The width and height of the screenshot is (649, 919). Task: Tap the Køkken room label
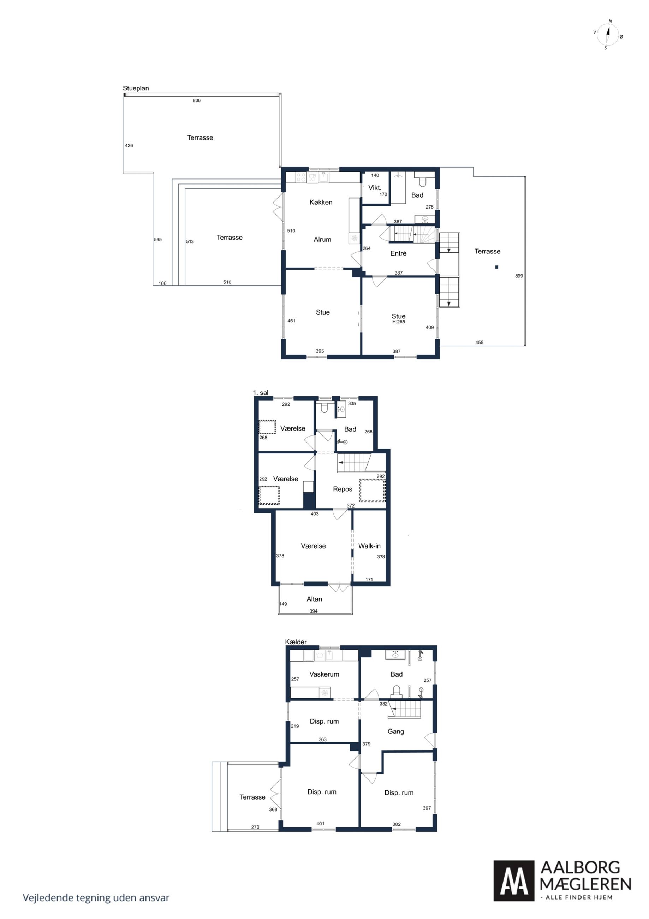pos(321,202)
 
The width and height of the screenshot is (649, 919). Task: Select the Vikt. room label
pos(375,187)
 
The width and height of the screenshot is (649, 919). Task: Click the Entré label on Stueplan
pos(398,253)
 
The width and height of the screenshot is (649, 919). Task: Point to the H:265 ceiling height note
pos(399,322)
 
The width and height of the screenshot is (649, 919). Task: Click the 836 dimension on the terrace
pos(197,100)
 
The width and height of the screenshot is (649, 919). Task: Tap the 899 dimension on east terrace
pos(519,276)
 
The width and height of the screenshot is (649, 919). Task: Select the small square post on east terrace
pos(497,267)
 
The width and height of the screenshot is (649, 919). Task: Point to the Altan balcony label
pos(314,599)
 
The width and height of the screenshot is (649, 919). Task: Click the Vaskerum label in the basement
pos(324,674)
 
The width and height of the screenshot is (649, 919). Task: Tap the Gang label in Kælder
pos(395,731)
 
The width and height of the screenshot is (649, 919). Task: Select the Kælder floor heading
pos(296,642)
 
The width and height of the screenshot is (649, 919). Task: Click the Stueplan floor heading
pos(136,88)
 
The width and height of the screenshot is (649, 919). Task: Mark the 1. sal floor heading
pos(261,393)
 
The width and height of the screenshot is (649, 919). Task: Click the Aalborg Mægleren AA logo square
pos(514,880)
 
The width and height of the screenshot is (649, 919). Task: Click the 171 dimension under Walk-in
pos(369,579)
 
